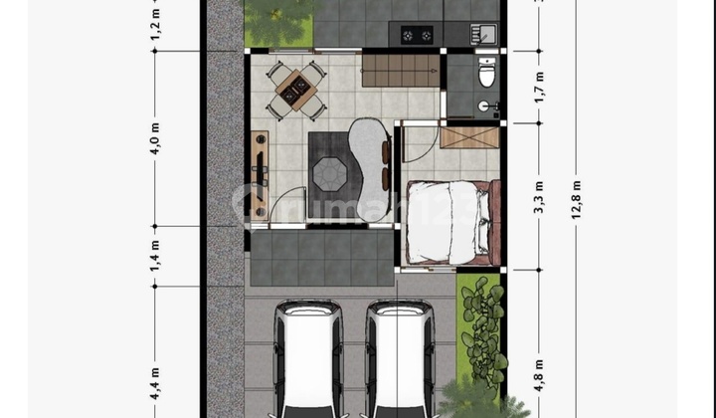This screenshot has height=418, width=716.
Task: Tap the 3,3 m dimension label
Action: [x=539, y=197]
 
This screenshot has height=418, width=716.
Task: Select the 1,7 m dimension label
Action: [x=539, y=87]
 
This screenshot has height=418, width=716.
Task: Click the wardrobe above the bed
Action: [x=465, y=135]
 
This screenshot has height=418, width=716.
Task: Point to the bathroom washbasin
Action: [x=484, y=105]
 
